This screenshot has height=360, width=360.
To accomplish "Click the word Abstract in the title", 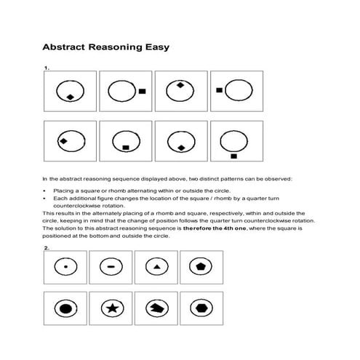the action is pyautogui.click(x=67, y=49).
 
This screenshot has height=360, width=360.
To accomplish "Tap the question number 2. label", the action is pyautogui.click(x=47, y=248).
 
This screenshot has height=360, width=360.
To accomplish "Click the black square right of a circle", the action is pyautogui.click(x=143, y=91).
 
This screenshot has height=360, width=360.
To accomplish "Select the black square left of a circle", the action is pyautogui.click(x=219, y=90).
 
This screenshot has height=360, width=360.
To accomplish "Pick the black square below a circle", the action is pyautogui.click(x=233, y=156).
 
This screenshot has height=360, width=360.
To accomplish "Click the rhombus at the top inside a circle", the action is pyautogui.click(x=180, y=85).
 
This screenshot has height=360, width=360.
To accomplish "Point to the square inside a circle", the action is pyautogui.click(x=125, y=148).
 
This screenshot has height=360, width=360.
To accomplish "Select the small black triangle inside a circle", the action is pyautogui.click(x=156, y=268).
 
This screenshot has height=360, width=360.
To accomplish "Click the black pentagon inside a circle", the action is pyautogui.click(x=201, y=268).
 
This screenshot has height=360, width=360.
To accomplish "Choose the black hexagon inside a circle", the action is pyautogui.click(x=201, y=308).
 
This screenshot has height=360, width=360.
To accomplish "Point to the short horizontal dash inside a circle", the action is pyautogui.click(x=111, y=268).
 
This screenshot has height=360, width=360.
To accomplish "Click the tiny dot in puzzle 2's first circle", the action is pyautogui.click(x=66, y=268).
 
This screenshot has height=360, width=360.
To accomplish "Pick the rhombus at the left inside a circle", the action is pyautogui.click(x=63, y=140).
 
